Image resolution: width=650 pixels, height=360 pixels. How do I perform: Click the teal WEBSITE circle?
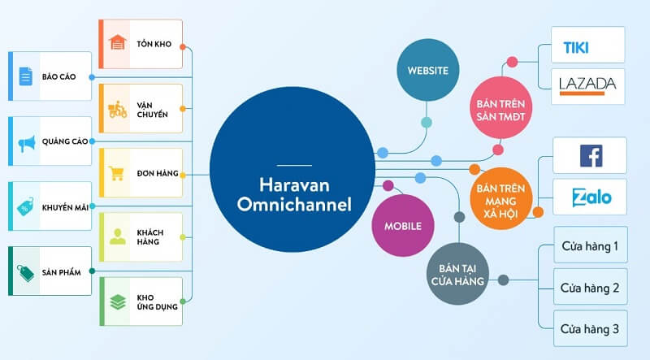coord(424,70)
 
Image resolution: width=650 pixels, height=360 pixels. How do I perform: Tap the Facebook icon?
coord(590,155)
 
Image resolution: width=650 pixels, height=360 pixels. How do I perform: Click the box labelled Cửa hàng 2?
coord(590,288)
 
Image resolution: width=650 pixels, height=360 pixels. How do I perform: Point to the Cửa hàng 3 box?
coord(590,329)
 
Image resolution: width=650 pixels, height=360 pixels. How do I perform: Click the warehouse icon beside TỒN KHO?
coord(118,43)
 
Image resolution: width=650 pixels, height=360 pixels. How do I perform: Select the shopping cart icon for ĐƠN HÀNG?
coord(117,173)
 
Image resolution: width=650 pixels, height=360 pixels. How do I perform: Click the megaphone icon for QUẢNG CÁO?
coord(27,142)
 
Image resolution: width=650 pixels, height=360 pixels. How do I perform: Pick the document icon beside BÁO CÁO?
coord(26,77)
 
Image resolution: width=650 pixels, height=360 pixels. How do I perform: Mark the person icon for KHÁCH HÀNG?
coord(117,237)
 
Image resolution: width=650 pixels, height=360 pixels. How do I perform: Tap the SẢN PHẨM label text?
coord(63,271)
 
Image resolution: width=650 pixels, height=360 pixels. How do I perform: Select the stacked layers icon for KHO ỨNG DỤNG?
coord(117,303)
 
